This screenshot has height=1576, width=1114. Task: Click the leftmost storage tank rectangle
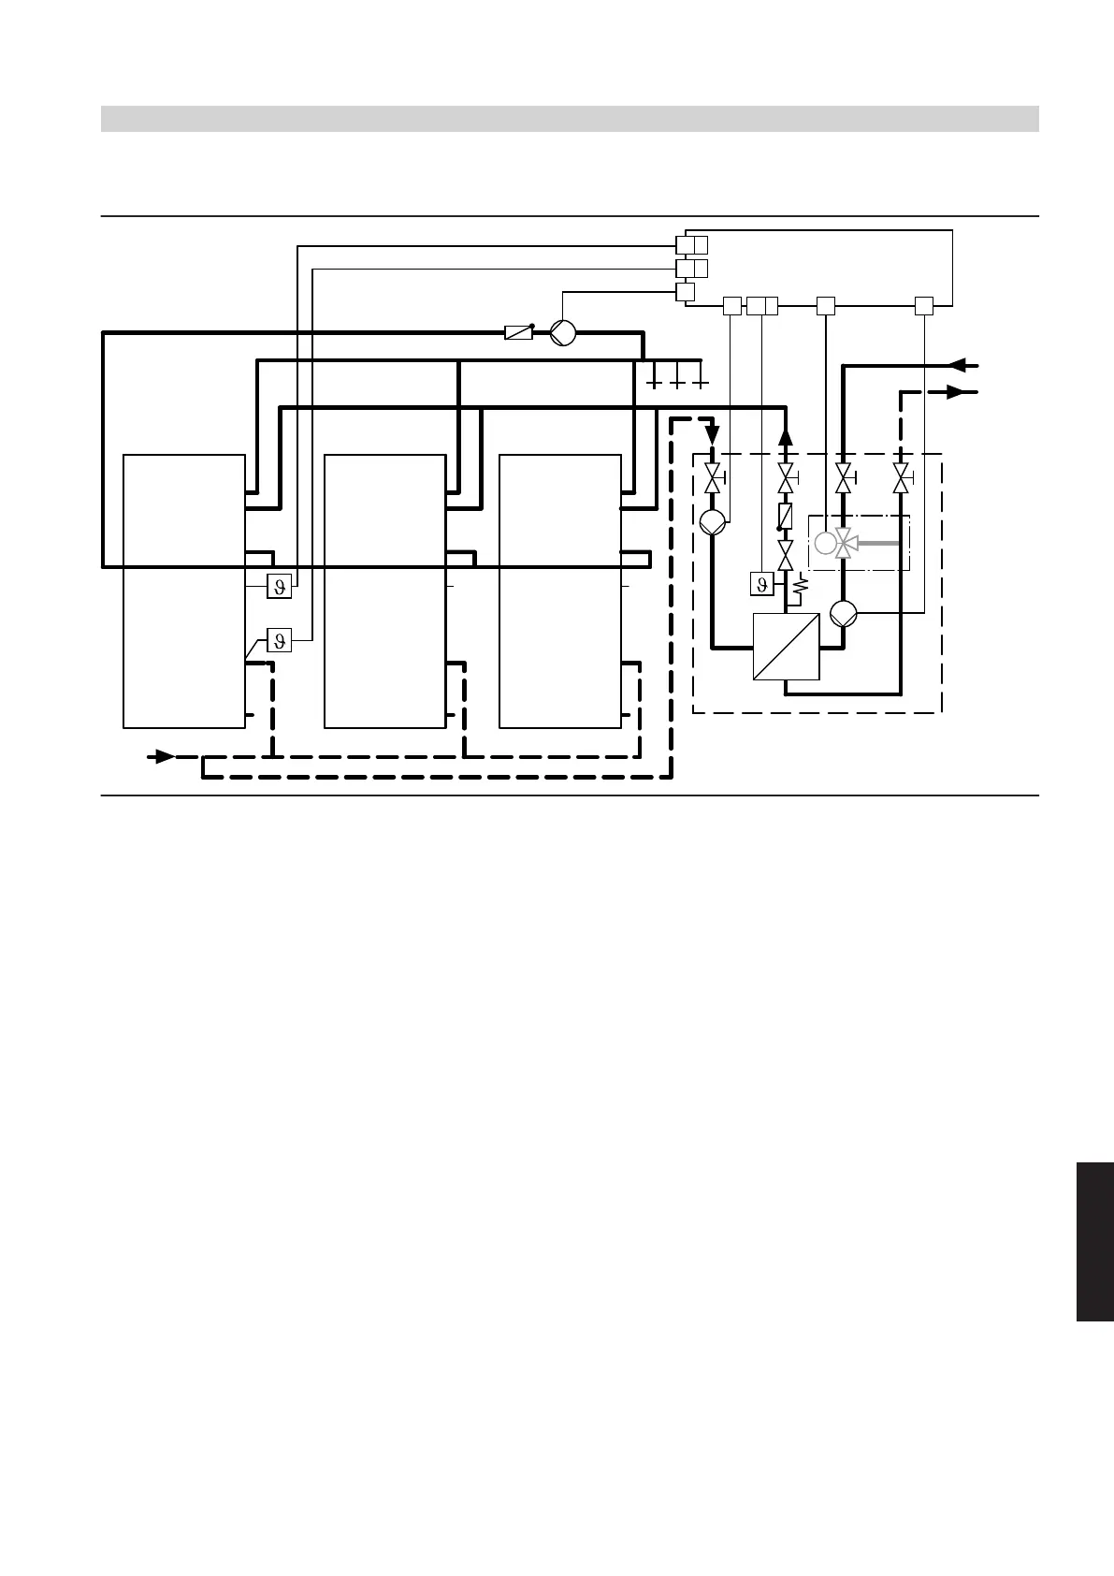coord(184,591)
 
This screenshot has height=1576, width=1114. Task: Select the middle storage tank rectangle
coord(384,591)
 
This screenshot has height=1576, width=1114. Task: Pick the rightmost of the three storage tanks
coord(560,591)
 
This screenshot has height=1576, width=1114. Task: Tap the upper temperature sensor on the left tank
coord(279,586)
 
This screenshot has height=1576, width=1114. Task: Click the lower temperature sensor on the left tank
coord(279,640)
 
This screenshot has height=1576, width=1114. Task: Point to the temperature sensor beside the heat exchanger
coord(762,584)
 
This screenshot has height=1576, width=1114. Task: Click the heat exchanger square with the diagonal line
coord(786,646)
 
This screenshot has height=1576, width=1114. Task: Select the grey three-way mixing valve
coord(845,543)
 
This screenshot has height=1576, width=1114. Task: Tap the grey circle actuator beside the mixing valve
coord(824,543)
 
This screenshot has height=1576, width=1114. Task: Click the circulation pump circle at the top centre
coord(562,332)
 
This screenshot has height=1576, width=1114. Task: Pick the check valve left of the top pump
coord(518,332)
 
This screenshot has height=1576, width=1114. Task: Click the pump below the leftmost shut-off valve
coord(713,521)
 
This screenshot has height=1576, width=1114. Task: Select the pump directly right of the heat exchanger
coord(844,613)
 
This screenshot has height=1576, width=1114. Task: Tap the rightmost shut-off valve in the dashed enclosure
coord(902,479)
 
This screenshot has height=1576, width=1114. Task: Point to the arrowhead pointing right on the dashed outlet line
coord(955,392)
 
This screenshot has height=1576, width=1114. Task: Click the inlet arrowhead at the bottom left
coord(165,755)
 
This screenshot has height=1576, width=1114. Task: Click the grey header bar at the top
coord(570,119)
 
